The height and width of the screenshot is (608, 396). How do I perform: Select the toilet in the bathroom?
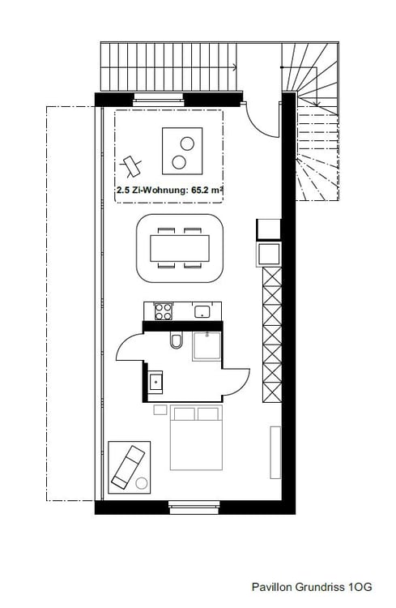pos(176,344)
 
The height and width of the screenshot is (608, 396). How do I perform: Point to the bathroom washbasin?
pos(155,378)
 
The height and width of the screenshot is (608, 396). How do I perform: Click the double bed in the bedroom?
pos(196,438)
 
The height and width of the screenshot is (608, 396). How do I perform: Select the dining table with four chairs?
pos(178,246)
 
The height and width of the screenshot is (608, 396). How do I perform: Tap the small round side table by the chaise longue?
pos(143,484)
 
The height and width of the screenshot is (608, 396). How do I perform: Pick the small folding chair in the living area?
pos(132,165)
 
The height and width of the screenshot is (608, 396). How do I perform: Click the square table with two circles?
pos(183,151)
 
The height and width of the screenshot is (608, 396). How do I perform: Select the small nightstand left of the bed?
pos(160,410)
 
